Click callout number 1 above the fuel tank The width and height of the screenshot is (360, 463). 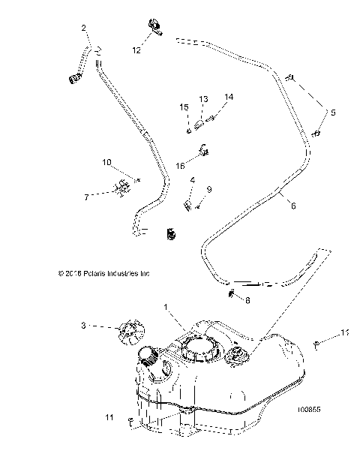[166, 307]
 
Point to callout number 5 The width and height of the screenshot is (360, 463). [334, 113]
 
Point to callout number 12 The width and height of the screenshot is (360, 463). [136, 50]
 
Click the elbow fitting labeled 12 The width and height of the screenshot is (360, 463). [154, 29]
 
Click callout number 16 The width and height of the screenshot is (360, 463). [181, 165]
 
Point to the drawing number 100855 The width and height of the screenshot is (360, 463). [308, 410]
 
